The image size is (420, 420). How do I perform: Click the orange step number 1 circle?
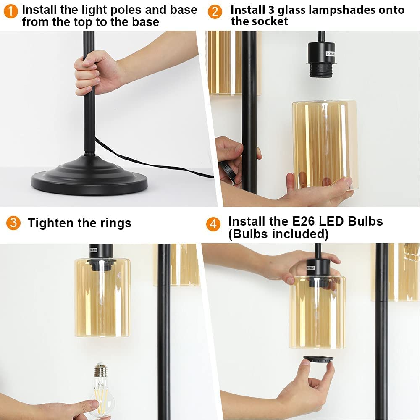click(11, 12)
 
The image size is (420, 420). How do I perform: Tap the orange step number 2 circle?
click(215, 12)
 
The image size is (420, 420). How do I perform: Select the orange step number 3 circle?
click(13, 223)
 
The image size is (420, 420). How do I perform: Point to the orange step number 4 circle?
click(213, 224)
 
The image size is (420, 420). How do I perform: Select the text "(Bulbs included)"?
click(278, 234)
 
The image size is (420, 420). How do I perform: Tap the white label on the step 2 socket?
click(330, 54)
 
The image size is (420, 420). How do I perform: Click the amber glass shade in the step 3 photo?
click(102, 297)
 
